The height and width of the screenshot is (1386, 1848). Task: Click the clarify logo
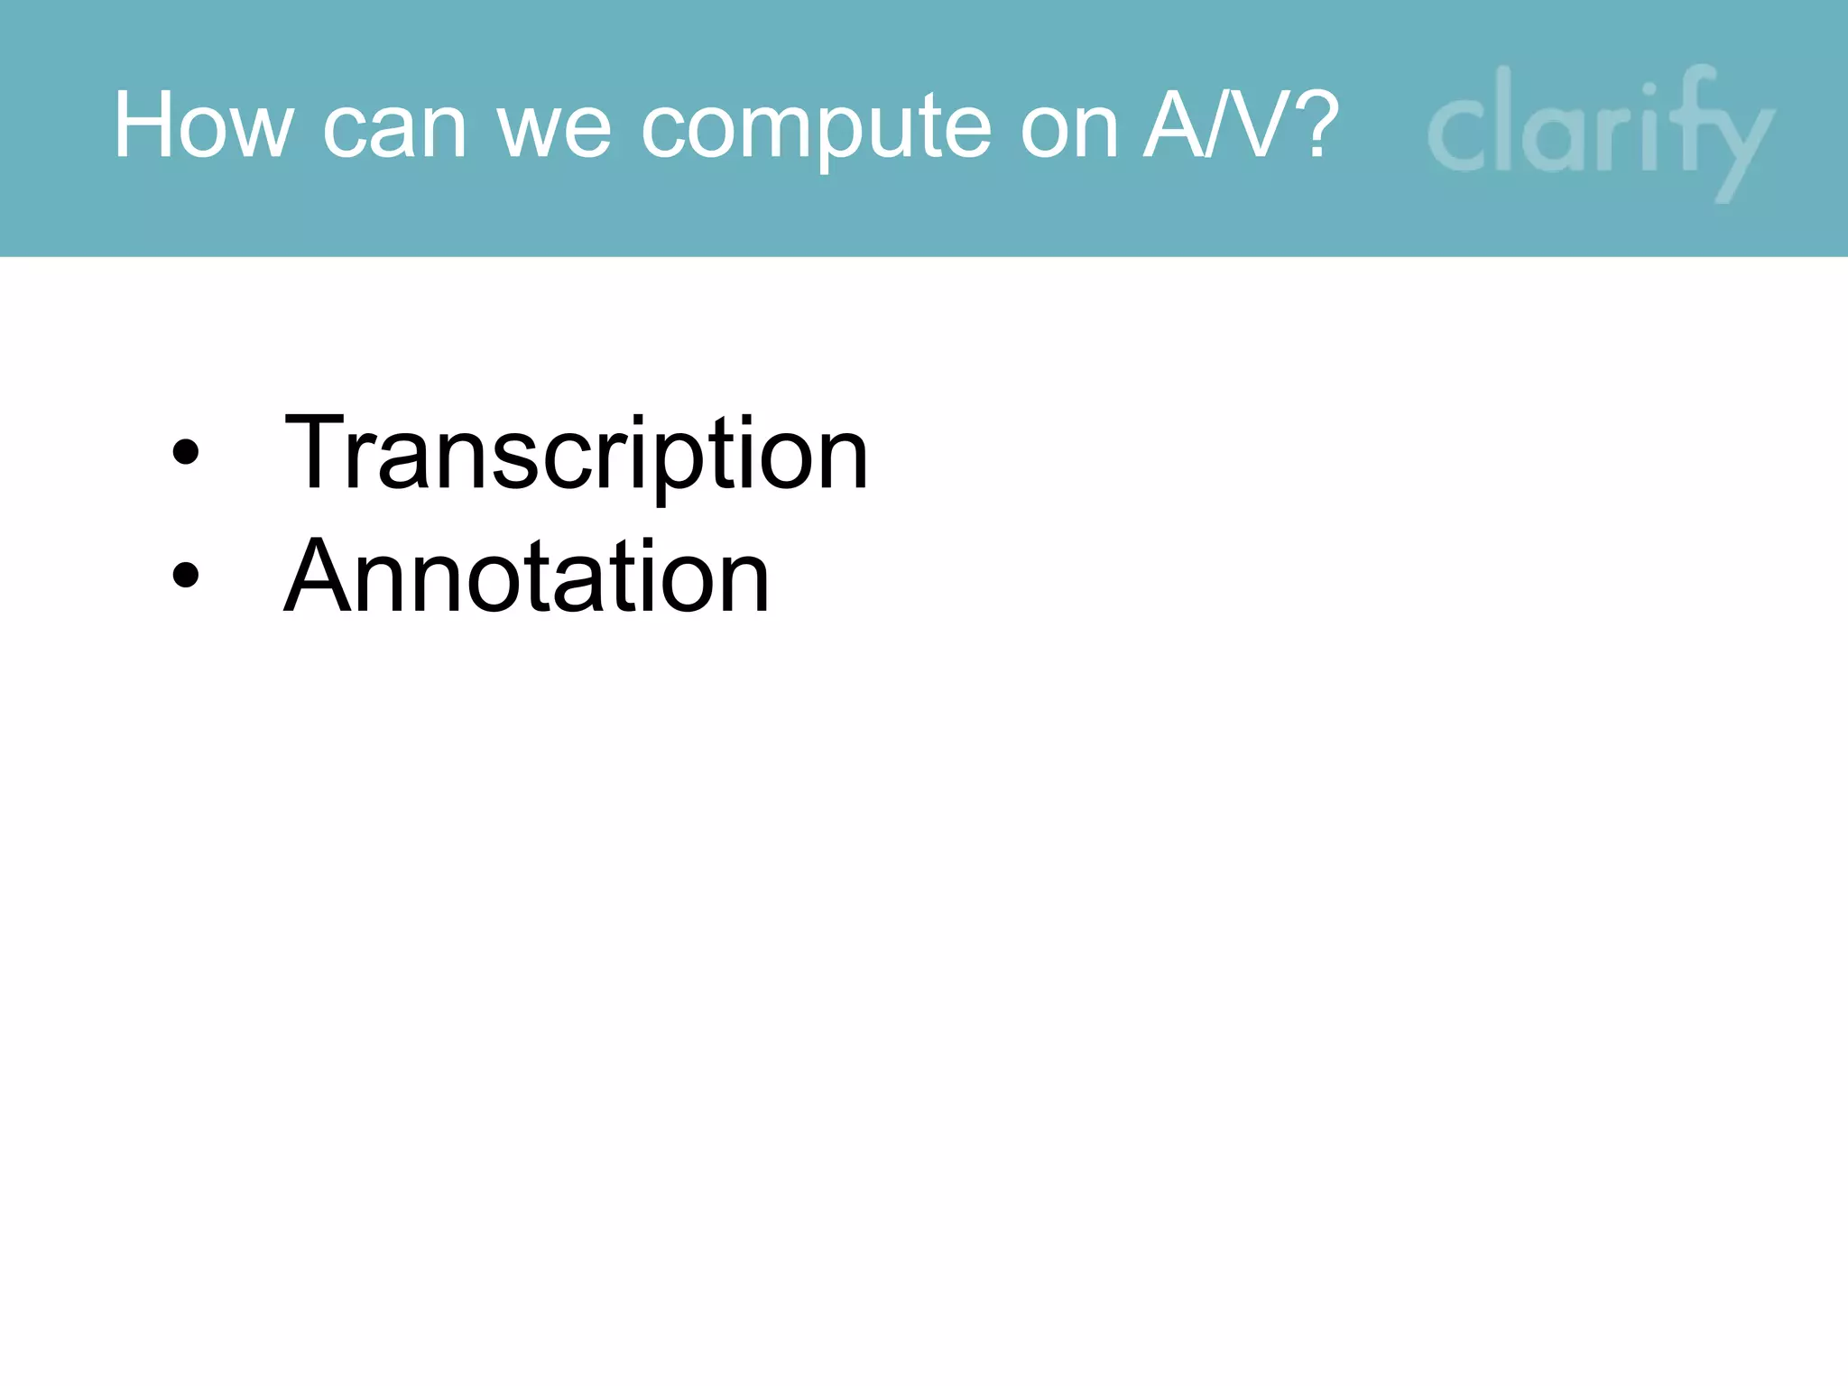1600,131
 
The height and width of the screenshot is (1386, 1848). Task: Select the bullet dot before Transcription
185,453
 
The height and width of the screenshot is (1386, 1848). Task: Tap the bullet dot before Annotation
185,576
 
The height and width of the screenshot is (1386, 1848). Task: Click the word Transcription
576,453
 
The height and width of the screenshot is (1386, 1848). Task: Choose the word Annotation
527,576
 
